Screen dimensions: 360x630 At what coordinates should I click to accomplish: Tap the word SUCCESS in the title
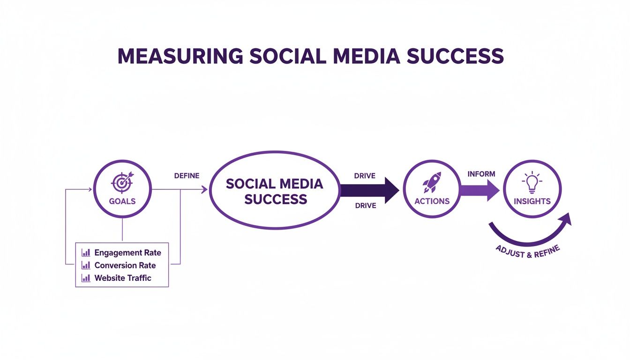click(x=455, y=56)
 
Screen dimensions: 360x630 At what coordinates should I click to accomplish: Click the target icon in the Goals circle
click(x=122, y=181)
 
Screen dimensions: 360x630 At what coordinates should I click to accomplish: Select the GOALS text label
click(x=122, y=201)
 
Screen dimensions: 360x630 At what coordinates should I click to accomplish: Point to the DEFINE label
click(x=187, y=176)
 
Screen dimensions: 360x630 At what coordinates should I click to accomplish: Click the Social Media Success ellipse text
click(x=275, y=191)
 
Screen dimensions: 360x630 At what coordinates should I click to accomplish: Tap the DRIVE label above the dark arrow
click(x=366, y=176)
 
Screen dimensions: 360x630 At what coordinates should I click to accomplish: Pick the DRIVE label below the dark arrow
click(x=366, y=206)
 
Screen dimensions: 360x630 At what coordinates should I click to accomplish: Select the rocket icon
click(x=432, y=182)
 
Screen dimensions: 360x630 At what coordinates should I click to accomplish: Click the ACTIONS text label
click(x=432, y=201)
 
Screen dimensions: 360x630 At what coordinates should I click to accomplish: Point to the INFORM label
click(x=481, y=174)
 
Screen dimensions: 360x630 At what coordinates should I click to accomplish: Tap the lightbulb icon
click(x=532, y=182)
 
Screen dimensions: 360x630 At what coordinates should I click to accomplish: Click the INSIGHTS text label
click(x=532, y=201)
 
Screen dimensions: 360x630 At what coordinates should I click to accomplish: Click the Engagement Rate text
click(x=127, y=253)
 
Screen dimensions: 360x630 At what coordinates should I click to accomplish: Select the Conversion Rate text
click(x=125, y=265)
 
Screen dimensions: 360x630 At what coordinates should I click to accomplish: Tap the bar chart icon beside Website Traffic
click(x=86, y=278)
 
